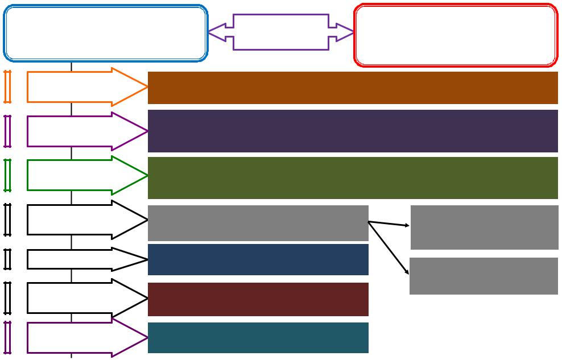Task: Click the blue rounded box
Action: coord(105,33)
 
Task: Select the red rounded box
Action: coord(455,35)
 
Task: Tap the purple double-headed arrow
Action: coord(281,32)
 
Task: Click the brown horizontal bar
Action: coord(353,88)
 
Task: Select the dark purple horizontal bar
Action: coord(353,131)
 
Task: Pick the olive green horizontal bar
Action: coord(353,177)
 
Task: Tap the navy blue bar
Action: coord(258,259)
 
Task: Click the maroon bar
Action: coord(258,299)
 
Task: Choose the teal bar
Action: coord(258,338)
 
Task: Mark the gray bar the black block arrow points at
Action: coord(258,223)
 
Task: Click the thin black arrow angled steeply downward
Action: coord(389,248)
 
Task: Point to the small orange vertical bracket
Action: coord(7,87)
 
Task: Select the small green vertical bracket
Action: coord(7,175)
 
